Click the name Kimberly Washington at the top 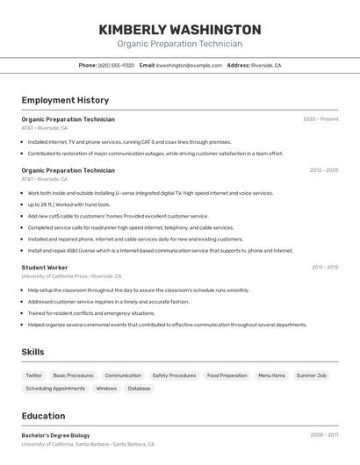180,29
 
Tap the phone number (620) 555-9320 116,66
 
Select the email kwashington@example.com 189,66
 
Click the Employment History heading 65,100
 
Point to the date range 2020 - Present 320,119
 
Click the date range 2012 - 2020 323,170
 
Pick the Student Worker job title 45,267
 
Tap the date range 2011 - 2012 325,267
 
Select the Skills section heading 33,352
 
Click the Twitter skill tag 34,376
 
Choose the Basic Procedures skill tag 73,376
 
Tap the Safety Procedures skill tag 174,376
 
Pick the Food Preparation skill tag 227,376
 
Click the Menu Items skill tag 271,376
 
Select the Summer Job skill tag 311,376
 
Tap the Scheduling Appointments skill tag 55,388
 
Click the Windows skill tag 106,388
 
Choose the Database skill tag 139,388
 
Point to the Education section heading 43,416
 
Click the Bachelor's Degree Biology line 55,435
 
